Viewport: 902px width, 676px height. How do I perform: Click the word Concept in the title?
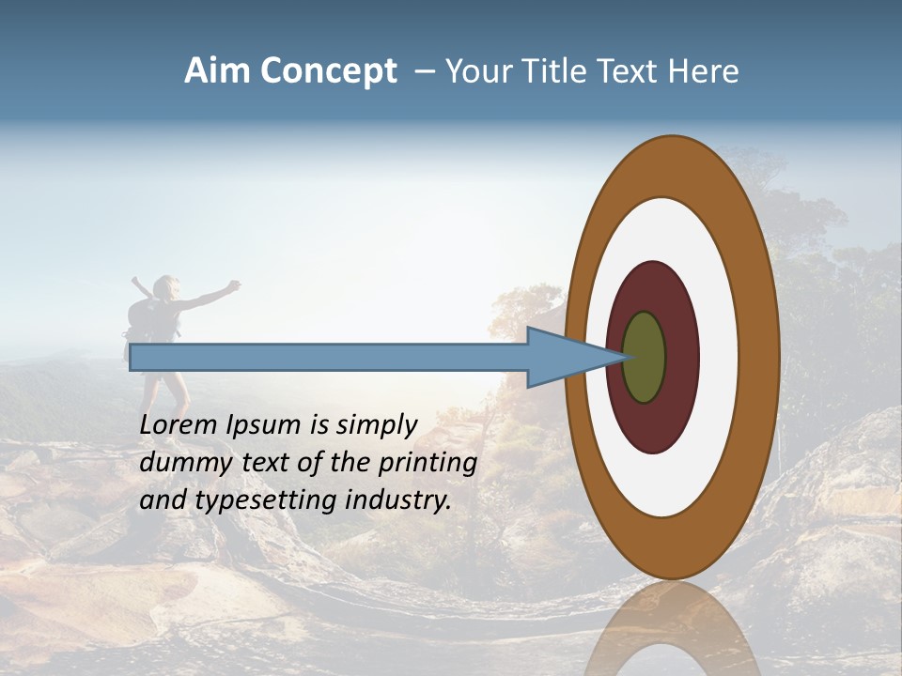(327, 71)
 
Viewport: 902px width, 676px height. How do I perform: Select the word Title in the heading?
(560, 71)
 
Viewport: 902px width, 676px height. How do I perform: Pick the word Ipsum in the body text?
(266, 424)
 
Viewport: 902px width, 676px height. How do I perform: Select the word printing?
(428, 462)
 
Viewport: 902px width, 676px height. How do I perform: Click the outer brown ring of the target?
(672, 164)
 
